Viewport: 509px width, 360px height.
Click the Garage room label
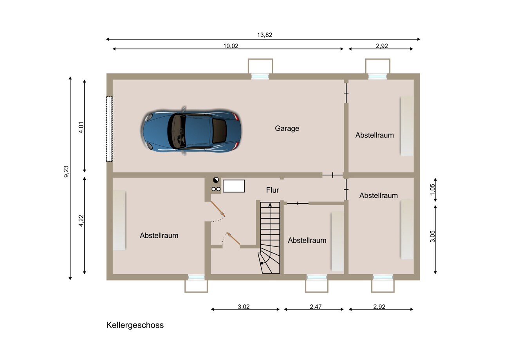click(x=287, y=128)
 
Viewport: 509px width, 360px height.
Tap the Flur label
click(x=273, y=190)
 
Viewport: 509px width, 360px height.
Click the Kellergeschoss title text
click(x=135, y=325)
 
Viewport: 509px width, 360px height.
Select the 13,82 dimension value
click(x=265, y=35)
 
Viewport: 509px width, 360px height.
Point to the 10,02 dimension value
click(x=231, y=46)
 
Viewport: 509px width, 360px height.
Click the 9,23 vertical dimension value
click(x=66, y=172)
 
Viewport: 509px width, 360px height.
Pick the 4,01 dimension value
click(x=81, y=127)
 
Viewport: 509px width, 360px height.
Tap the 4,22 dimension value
click(x=81, y=221)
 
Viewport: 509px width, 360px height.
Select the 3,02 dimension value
click(x=244, y=307)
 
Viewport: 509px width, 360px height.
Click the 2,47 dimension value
click(x=316, y=307)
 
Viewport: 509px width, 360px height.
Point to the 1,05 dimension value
click(x=432, y=189)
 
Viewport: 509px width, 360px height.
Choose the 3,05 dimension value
click(x=432, y=236)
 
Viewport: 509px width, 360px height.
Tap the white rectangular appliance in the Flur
click(x=234, y=186)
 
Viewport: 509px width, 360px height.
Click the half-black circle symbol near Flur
click(x=216, y=180)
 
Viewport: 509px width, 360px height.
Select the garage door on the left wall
click(x=110, y=129)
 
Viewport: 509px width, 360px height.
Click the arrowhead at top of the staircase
click(x=270, y=205)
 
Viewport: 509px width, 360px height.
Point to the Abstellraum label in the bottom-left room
click(x=159, y=235)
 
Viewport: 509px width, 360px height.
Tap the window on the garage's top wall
click(x=260, y=77)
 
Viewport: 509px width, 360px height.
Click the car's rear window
click(x=219, y=131)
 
